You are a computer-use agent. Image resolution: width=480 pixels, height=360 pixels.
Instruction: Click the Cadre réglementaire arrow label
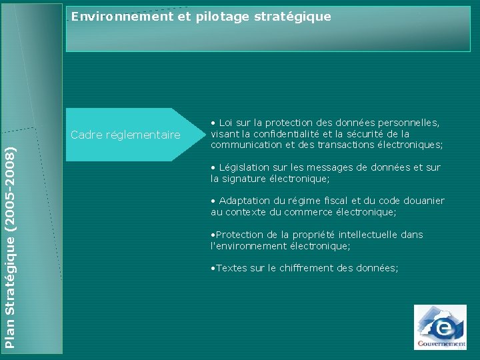125,135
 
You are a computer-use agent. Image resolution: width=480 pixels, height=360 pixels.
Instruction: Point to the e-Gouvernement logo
440,327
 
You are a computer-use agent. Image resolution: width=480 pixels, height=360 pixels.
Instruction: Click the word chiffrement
306,268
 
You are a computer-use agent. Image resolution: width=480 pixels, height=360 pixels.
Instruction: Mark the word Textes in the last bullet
231,268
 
